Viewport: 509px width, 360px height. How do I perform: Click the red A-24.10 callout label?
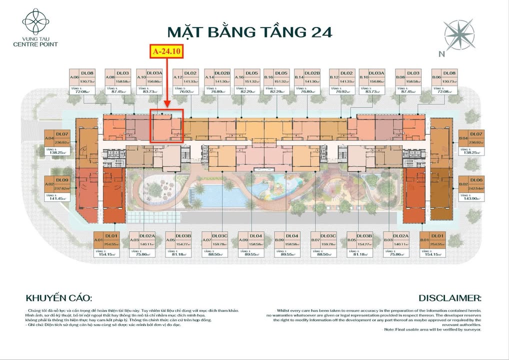167,51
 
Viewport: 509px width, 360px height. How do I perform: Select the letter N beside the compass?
441,54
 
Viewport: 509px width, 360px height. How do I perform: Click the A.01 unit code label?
98,240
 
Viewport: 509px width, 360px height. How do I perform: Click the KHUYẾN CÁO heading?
59,298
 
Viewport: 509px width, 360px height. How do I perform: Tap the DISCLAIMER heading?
450,298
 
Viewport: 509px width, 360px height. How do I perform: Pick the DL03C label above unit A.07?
219,235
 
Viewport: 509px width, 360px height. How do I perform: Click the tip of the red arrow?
167,106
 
